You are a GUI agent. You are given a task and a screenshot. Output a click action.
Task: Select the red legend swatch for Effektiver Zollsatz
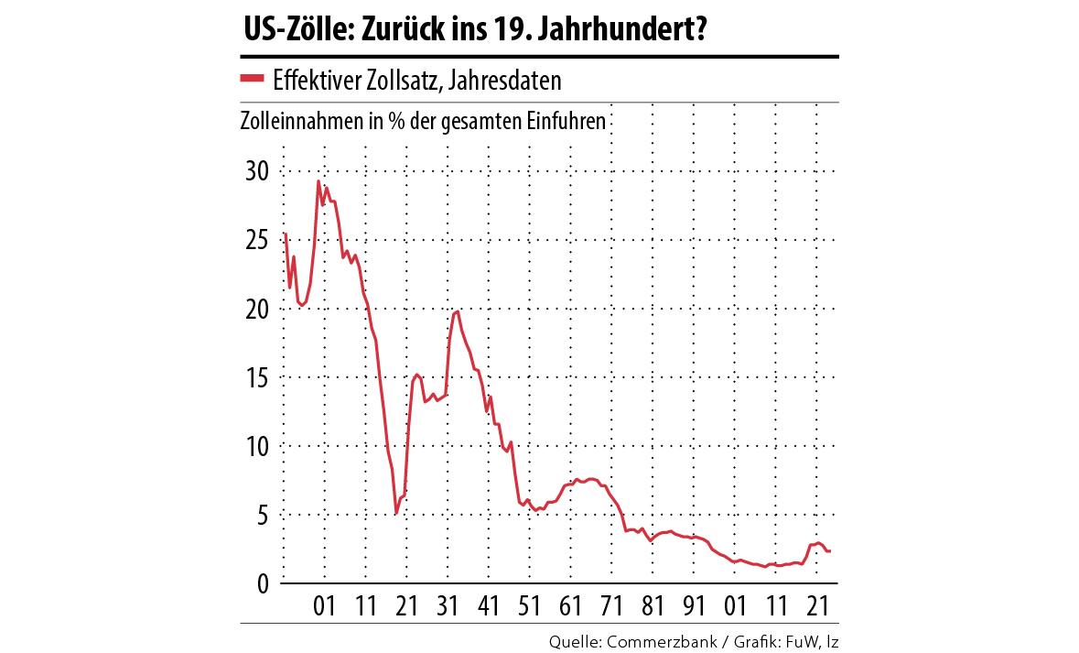point(252,79)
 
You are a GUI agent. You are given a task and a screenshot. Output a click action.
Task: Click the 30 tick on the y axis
point(255,171)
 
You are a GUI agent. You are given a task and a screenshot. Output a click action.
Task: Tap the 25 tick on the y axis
point(255,240)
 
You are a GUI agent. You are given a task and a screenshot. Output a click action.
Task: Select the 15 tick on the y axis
point(255,377)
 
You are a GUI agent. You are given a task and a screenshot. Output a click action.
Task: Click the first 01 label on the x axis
point(324,607)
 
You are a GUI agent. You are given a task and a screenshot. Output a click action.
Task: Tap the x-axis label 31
point(448,607)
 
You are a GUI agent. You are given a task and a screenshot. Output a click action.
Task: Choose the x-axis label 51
point(529,607)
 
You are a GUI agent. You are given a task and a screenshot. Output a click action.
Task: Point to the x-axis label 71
point(611,607)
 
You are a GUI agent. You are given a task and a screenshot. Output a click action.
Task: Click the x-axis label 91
point(694,607)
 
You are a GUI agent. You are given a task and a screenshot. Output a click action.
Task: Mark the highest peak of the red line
point(318,180)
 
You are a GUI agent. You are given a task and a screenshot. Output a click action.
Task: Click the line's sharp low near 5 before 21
point(395,513)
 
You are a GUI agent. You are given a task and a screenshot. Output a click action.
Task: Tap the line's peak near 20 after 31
point(457,311)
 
